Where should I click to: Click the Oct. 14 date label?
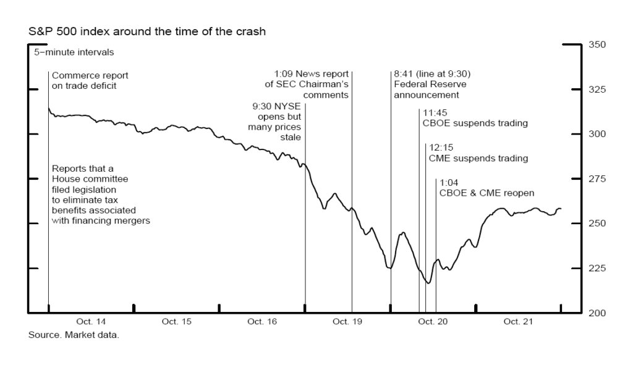pos(91,322)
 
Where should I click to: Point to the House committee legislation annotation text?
pos(101,194)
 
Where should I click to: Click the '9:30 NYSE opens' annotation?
pos(274,122)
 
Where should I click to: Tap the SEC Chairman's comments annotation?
pos(312,85)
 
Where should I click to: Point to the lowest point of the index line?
pos(427,283)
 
